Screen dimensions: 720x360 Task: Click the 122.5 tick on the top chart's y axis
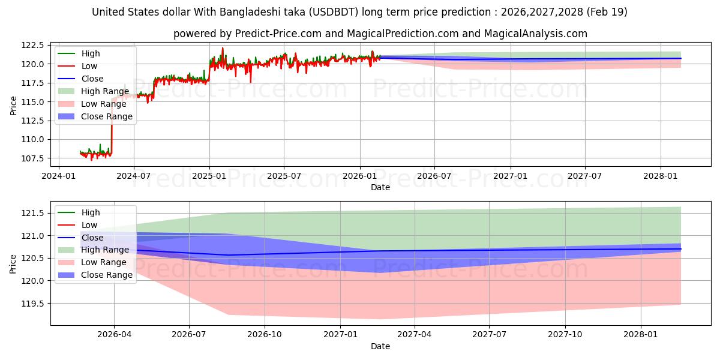point(32,46)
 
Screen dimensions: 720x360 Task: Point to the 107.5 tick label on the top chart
point(32,158)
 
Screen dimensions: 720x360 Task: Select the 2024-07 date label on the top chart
point(133,176)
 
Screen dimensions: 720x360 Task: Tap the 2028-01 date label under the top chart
point(660,176)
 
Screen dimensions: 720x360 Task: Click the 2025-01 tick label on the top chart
point(209,176)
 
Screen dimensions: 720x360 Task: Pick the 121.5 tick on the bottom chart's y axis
point(32,213)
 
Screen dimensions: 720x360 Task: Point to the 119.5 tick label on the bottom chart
point(32,304)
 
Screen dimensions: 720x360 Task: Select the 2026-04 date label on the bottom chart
point(114,335)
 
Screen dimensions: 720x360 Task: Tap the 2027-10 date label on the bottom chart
point(565,335)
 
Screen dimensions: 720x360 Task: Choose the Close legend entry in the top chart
point(80,79)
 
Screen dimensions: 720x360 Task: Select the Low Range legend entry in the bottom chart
point(92,262)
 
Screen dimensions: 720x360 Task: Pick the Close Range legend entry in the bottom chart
point(95,275)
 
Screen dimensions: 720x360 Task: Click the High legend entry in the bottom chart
point(79,212)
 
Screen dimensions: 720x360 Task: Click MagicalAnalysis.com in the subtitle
point(535,34)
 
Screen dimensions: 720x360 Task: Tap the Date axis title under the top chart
point(380,187)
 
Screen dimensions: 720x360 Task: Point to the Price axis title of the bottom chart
point(13,264)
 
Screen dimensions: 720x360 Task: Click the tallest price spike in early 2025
point(223,49)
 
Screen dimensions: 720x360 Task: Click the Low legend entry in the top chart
point(77,66)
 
